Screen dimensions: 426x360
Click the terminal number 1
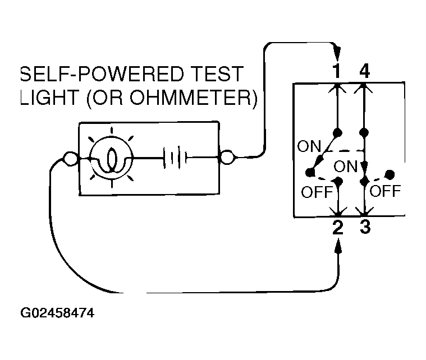click(x=337, y=71)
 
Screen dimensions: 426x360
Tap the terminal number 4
click(x=365, y=71)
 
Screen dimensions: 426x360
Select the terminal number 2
click(x=338, y=227)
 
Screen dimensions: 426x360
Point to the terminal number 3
click(x=365, y=227)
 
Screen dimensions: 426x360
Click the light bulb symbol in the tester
click(x=111, y=158)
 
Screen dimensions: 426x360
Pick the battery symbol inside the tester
click(x=175, y=158)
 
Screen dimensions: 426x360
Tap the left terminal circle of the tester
click(x=70, y=158)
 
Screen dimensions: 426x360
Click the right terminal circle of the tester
click(x=227, y=157)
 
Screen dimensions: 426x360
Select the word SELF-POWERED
click(x=102, y=74)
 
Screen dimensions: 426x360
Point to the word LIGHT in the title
click(x=50, y=98)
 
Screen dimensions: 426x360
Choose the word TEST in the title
click(x=217, y=74)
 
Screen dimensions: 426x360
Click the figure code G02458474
click(x=57, y=313)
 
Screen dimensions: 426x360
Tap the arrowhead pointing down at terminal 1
click(x=337, y=53)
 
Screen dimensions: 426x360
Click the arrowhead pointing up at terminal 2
click(x=338, y=246)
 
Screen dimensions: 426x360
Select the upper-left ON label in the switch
click(x=309, y=146)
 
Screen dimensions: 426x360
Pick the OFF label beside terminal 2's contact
click(x=317, y=192)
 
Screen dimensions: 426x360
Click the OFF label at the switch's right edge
click(x=385, y=191)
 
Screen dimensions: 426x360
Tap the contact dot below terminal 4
click(x=364, y=133)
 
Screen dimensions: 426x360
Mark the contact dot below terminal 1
click(x=337, y=133)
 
